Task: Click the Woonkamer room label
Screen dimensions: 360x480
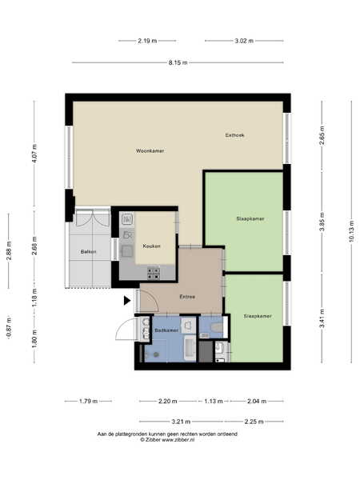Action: pyautogui.click(x=150, y=151)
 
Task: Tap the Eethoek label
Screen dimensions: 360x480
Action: pyautogui.click(x=234, y=135)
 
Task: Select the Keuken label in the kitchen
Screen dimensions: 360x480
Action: pyautogui.click(x=151, y=246)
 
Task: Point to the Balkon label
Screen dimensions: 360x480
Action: pyautogui.click(x=89, y=252)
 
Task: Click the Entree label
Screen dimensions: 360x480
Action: pyautogui.click(x=187, y=297)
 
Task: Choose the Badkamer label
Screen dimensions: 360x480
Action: pyautogui.click(x=166, y=330)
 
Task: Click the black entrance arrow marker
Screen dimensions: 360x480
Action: pyautogui.click(x=127, y=301)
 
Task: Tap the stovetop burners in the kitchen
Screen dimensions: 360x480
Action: pyautogui.click(x=154, y=274)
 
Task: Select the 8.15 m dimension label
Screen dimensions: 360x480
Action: pyautogui.click(x=178, y=62)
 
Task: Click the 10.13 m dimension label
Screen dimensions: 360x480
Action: pyautogui.click(x=351, y=231)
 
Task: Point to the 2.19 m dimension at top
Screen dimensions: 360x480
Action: pyautogui.click(x=147, y=41)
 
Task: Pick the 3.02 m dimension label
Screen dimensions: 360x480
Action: pyautogui.click(x=244, y=41)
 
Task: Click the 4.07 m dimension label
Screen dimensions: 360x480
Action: pyautogui.click(x=34, y=154)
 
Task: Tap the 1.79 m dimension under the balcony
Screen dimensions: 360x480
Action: pyautogui.click(x=88, y=401)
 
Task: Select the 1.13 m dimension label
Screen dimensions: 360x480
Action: pyautogui.click(x=214, y=401)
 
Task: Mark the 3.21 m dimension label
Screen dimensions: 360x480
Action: pyautogui.click(x=181, y=422)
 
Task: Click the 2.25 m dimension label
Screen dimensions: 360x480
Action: pyautogui.click(x=254, y=422)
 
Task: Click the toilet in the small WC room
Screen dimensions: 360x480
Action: pyautogui.click(x=216, y=327)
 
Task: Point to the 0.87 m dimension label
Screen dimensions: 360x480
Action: pyautogui.click(x=9, y=328)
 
